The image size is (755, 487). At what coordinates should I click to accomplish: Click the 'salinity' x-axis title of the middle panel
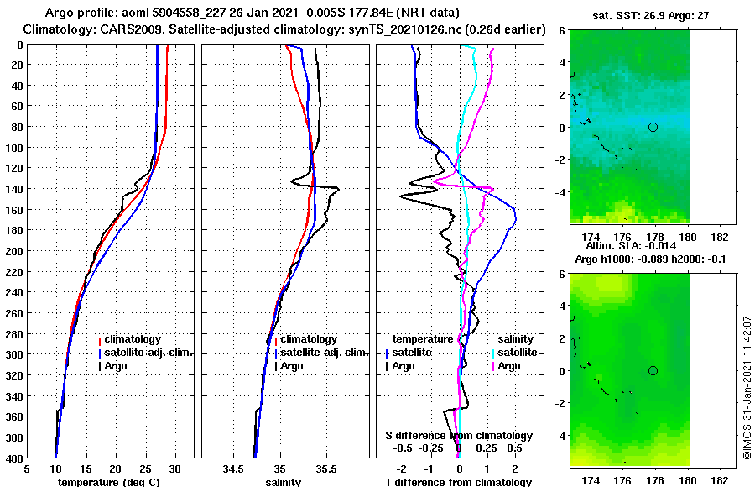283,482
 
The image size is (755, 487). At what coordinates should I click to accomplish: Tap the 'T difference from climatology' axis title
458,482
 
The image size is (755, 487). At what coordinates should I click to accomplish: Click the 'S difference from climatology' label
458,436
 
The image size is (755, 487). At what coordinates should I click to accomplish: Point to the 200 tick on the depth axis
15,251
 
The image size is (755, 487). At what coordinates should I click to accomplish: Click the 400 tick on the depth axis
15,458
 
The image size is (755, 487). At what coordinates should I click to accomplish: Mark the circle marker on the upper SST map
653,127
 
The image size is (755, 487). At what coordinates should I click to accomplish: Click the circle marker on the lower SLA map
653,370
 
